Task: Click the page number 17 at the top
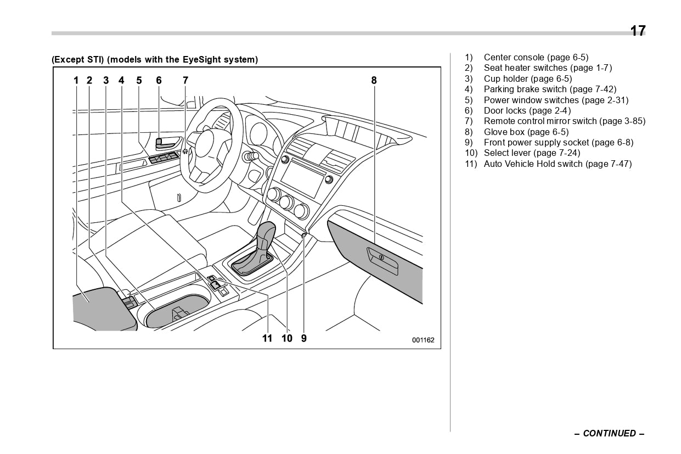pyautogui.click(x=637, y=31)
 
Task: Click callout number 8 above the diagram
pyautogui.click(x=374, y=81)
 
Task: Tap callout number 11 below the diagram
pyautogui.click(x=267, y=339)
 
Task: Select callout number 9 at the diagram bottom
pyautogui.click(x=304, y=339)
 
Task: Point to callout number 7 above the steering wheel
pyautogui.click(x=185, y=81)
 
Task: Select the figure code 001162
pyautogui.click(x=423, y=340)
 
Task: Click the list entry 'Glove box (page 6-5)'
pyautogui.click(x=526, y=132)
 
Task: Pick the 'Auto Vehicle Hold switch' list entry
pyautogui.click(x=557, y=164)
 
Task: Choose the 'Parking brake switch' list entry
pyautogui.click(x=549, y=89)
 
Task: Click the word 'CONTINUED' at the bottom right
pyautogui.click(x=609, y=434)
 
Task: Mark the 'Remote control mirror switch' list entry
pyautogui.click(x=564, y=121)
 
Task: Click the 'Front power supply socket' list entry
pyautogui.click(x=558, y=143)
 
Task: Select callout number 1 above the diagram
pyautogui.click(x=76, y=81)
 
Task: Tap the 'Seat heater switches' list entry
pyautogui.click(x=547, y=68)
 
